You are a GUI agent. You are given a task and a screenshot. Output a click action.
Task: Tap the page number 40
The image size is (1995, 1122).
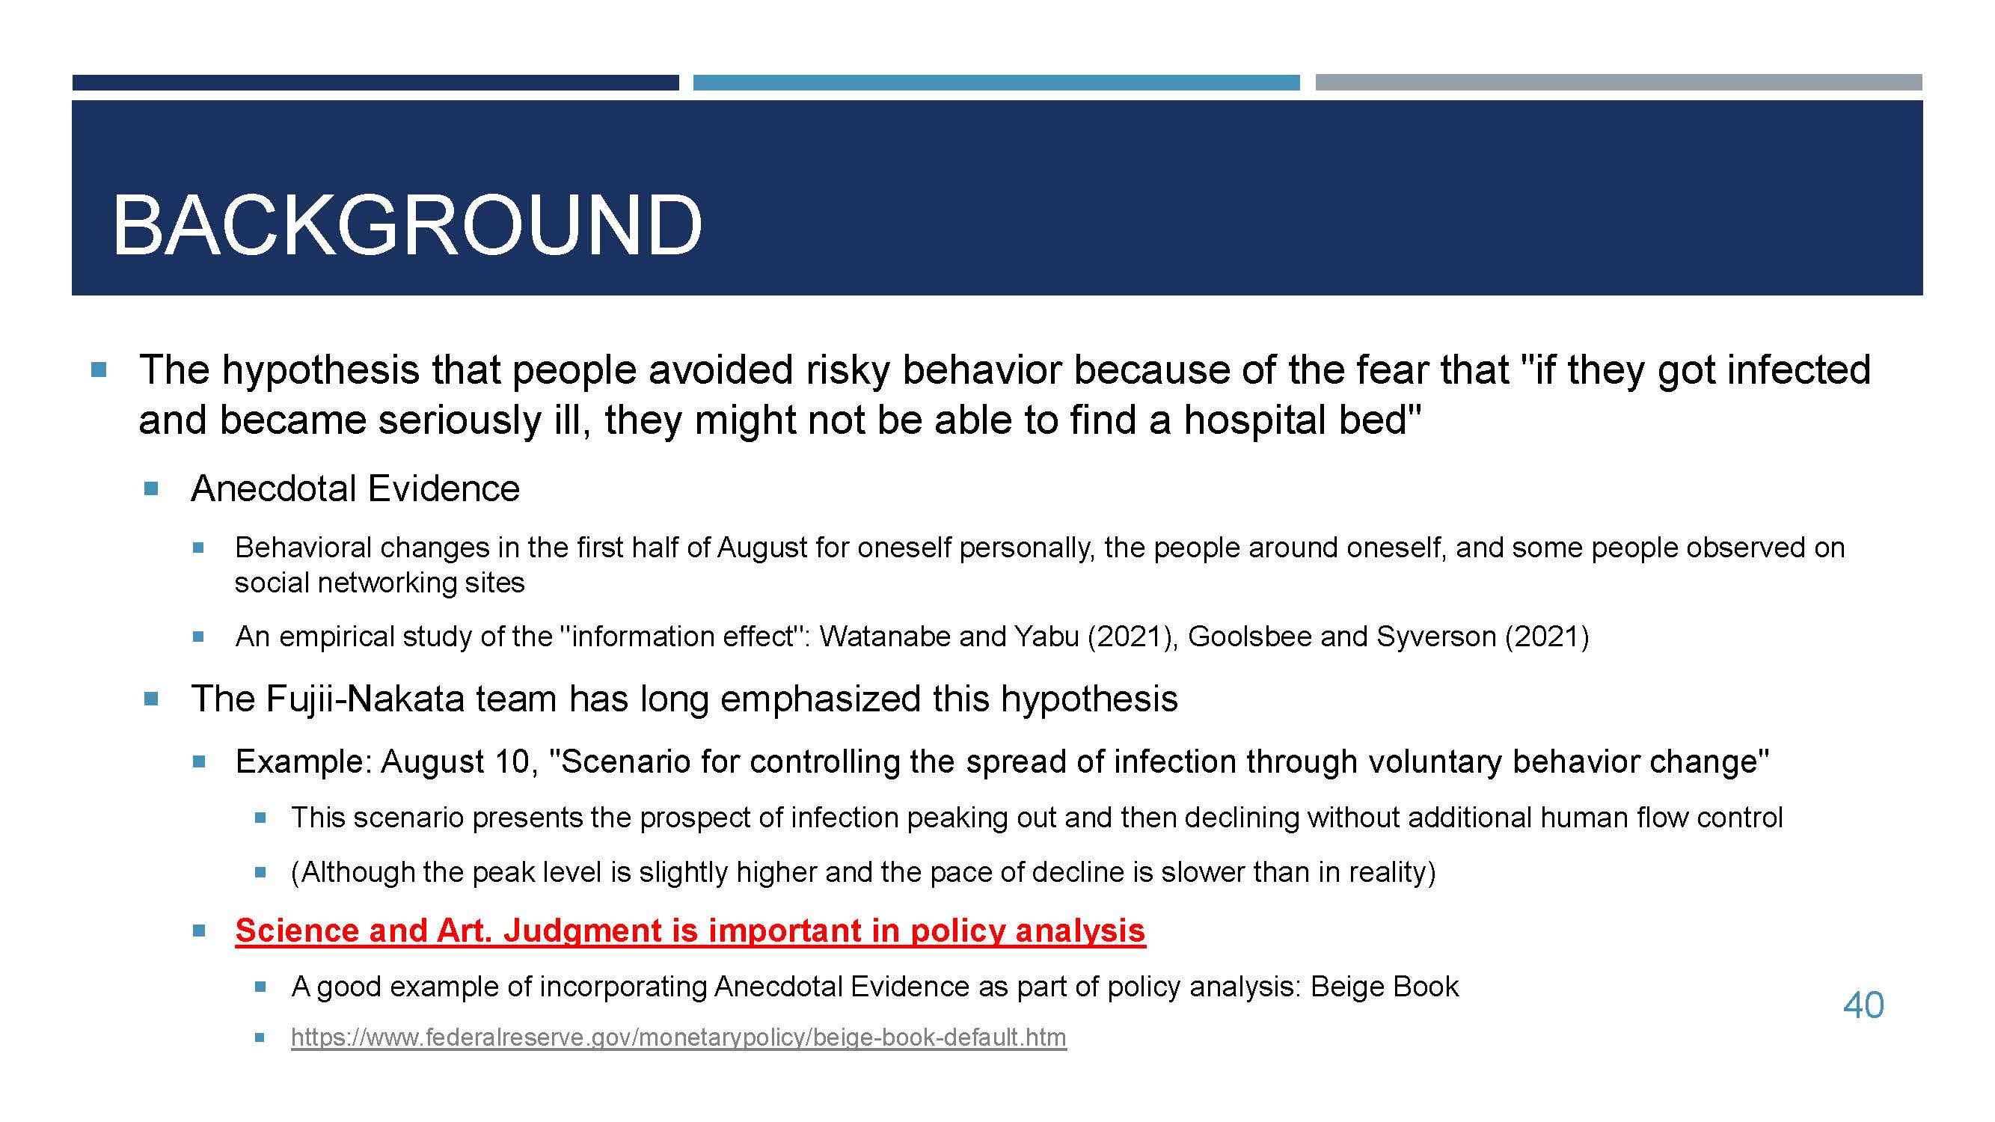(1863, 1005)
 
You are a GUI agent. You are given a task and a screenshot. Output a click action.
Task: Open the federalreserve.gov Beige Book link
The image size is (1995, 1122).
(678, 1037)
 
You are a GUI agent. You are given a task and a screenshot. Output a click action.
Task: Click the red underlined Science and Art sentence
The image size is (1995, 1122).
(690, 930)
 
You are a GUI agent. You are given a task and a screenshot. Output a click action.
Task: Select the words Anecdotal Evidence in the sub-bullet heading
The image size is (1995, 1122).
(355, 488)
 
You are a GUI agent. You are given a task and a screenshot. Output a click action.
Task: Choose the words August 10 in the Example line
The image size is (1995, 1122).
(456, 761)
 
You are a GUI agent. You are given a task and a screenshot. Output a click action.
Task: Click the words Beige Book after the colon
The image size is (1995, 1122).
(1385, 987)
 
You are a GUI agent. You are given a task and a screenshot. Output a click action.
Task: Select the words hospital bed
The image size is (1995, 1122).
(1302, 420)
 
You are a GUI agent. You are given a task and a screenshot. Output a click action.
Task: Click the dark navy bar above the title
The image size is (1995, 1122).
(376, 83)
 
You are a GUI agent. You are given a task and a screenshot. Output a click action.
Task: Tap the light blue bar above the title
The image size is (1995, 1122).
(996, 83)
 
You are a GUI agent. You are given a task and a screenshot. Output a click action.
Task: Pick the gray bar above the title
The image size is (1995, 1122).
(1619, 83)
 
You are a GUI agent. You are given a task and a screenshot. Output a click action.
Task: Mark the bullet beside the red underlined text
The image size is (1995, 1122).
(199, 931)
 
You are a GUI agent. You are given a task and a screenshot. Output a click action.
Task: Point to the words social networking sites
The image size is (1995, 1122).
(379, 582)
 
